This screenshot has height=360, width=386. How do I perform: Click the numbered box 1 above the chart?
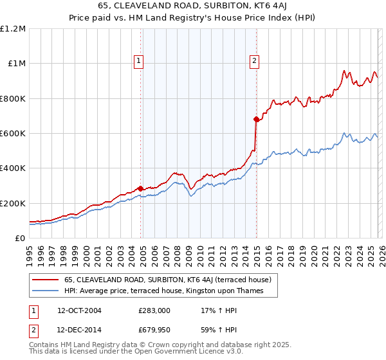[139, 61]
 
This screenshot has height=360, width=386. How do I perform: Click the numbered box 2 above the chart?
[254, 61]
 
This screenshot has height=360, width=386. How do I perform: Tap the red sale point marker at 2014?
[256, 119]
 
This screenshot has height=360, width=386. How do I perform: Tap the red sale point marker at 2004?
[141, 188]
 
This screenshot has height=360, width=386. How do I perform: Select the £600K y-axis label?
[13, 134]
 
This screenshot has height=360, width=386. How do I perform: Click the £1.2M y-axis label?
[13, 29]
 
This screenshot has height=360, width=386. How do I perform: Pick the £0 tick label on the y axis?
[19, 239]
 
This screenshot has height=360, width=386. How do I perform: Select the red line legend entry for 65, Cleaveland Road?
[168, 280]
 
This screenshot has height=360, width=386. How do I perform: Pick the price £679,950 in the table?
[154, 330]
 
